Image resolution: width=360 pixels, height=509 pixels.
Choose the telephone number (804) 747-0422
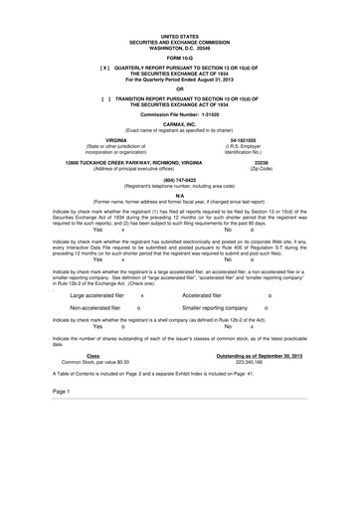(x=179, y=180)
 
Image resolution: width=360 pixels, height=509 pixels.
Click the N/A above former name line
(x=179, y=195)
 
